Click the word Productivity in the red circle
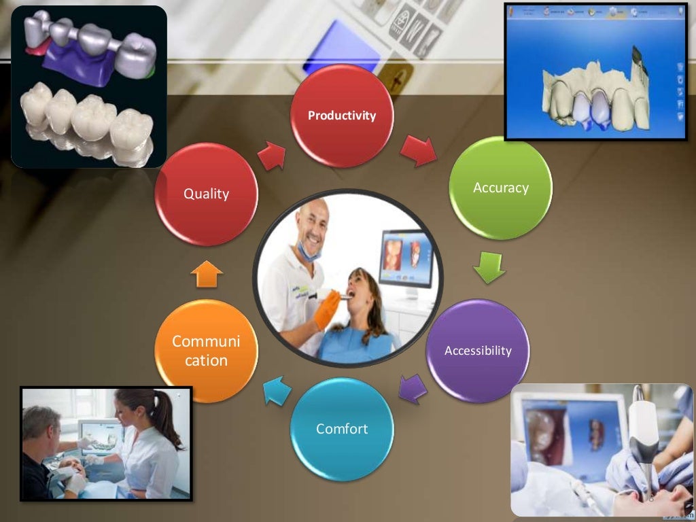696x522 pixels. [341, 116]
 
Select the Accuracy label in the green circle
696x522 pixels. [500, 188]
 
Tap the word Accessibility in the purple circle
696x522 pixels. [477, 351]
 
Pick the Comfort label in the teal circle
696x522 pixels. [341, 429]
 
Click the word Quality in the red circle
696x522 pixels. [206, 194]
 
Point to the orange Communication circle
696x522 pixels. [206, 350]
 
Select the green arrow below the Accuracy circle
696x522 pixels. [489, 267]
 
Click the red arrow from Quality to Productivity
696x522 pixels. [272, 156]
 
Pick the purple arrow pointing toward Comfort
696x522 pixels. [413, 389]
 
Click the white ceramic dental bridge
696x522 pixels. [85, 122]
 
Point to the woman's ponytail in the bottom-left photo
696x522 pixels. [166, 421]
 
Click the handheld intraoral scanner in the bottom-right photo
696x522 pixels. [643, 435]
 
